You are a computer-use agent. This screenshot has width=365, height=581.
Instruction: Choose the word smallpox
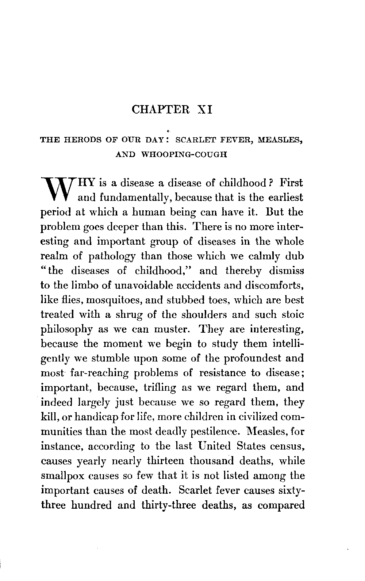(62, 476)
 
